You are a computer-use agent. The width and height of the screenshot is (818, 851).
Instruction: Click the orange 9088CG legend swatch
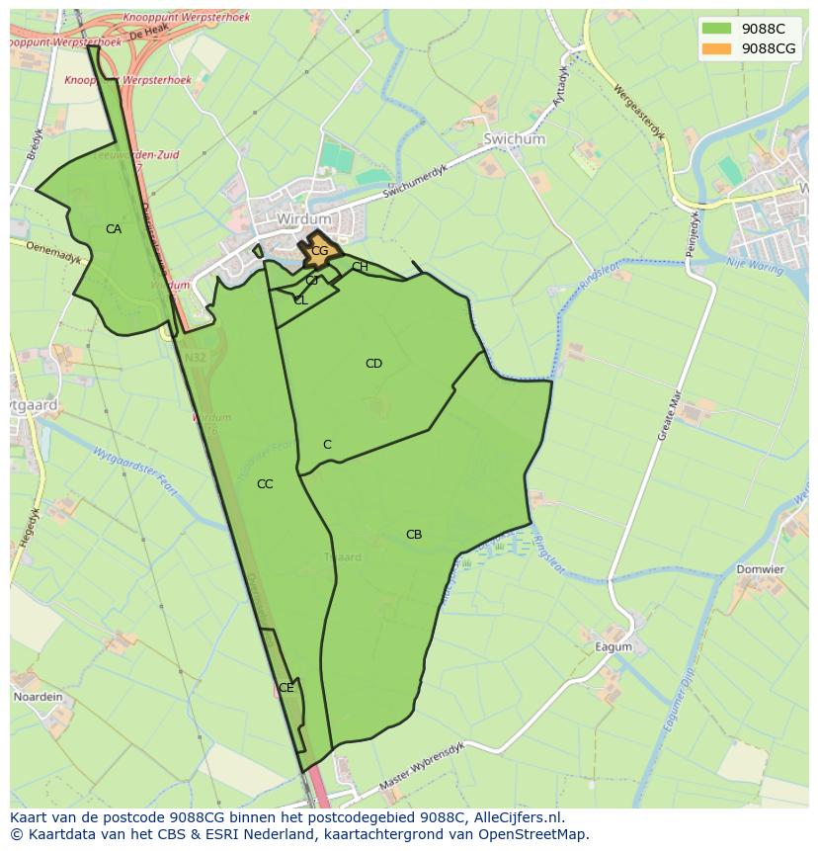(716, 48)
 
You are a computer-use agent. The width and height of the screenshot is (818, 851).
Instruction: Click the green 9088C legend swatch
(716, 29)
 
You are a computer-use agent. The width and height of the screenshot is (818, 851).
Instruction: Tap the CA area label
(114, 229)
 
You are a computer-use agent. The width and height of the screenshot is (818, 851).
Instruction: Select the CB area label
(414, 535)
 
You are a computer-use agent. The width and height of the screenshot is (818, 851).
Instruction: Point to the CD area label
(373, 364)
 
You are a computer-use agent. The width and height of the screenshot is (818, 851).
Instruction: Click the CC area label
(265, 484)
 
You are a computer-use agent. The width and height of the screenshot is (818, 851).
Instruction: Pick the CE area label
(286, 688)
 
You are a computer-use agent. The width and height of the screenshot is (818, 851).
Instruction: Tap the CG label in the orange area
(319, 251)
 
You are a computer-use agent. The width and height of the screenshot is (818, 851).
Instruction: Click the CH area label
(360, 267)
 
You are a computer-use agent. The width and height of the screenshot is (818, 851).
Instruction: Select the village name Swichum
(514, 140)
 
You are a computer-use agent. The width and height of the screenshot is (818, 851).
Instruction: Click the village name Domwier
(760, 569)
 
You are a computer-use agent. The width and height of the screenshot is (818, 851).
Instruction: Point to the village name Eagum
(613, 647)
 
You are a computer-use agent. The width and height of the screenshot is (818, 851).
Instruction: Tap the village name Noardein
(38, 697)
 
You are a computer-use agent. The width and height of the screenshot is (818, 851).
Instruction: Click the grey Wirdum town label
(304, 218)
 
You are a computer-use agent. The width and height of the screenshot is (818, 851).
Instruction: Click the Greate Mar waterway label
(671, 415)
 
